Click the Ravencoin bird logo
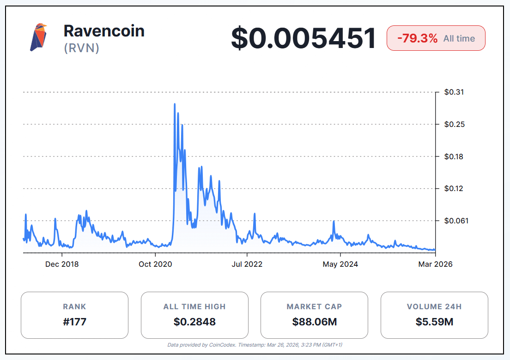pyautogui.click(x=39, y=37)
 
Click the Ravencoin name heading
pyautogui.click(x=104, y=31)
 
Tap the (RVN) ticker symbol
pyautogui.click(x=82, y=48)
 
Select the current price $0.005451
pyautogui.click(x=304, y=38)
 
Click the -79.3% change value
pyautogui.click(x=417, y=38)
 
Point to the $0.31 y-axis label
pyautogui.click(x=454, y=92)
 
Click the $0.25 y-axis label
pyautogui.click(x=454, y=124)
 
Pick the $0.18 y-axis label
pyautogui.click(x=454, y=156)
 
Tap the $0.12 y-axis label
pyautogui.click(x=454, y=188)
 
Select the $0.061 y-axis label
pyautogui.click(x=455, y=221)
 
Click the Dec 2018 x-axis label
pyautogui.click(x=62, y=264)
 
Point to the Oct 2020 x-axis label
pyautogui.click(x=155, y=264)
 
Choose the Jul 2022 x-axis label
pyautogui.click(x=247, y=264)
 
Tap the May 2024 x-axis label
pyautogui.click(x=340, y=264)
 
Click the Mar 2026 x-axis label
pyautogui.click(x=435, y=264)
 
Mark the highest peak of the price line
pyautogui.click(x=175, y=104)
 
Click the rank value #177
pyautogui.click(x=74, y=322)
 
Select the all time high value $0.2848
pyautogui.click(x=194, y=322)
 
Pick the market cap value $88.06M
pyautogui.click(x=314, y=322)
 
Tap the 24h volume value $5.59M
pyautogui.click(x=434, y=322)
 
